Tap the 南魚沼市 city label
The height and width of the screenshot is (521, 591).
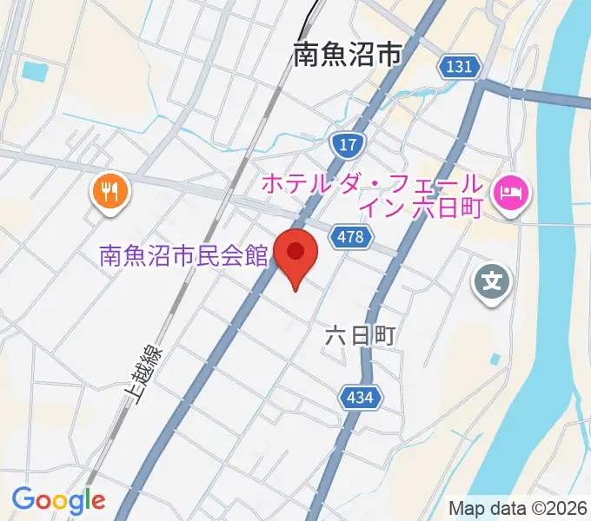point(348,56)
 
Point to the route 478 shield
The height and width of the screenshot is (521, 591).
point(352,236)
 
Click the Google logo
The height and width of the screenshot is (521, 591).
point(58,500)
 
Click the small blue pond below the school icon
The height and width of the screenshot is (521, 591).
point(495,359)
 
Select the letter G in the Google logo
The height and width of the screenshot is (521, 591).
point(23,499)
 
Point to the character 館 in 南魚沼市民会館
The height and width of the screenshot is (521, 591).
point(254,256)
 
